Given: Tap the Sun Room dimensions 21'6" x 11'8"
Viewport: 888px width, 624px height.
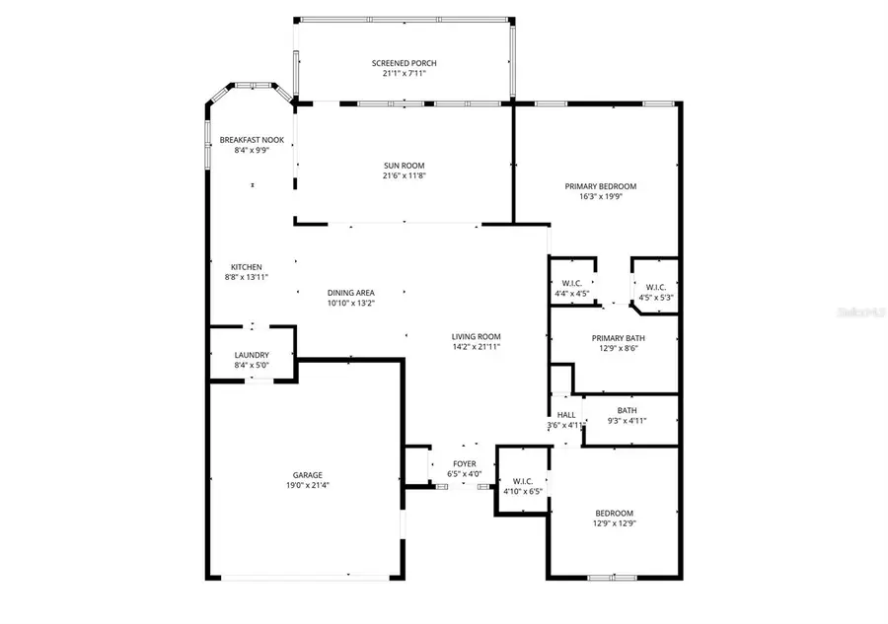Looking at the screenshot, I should (x=405, y=176).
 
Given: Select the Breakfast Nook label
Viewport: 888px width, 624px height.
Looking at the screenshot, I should (x=252, y=140).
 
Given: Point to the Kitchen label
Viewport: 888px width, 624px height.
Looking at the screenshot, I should (x=246, y=267).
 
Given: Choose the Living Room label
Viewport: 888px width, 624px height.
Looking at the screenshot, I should (x=477, y=337).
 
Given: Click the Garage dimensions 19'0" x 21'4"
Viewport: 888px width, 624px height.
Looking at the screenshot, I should (x=306, y=485).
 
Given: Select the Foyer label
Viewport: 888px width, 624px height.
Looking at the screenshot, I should (x=464, y=463).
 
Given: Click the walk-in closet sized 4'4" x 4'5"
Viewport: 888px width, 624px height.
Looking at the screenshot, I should (x=571, y=289).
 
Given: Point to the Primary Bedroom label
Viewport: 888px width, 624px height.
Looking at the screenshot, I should (x=600, y=186).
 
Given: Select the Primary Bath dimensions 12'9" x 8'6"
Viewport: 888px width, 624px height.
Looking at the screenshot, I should (x=614, y=348).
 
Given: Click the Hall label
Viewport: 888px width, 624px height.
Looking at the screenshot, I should (x=565, y=415).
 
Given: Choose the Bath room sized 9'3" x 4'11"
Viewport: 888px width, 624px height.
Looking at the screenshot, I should (x=628, y=416).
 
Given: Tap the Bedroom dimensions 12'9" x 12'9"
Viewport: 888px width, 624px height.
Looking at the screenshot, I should (x=614, y=524).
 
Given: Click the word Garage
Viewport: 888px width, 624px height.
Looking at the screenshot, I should (x=306, y=474).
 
